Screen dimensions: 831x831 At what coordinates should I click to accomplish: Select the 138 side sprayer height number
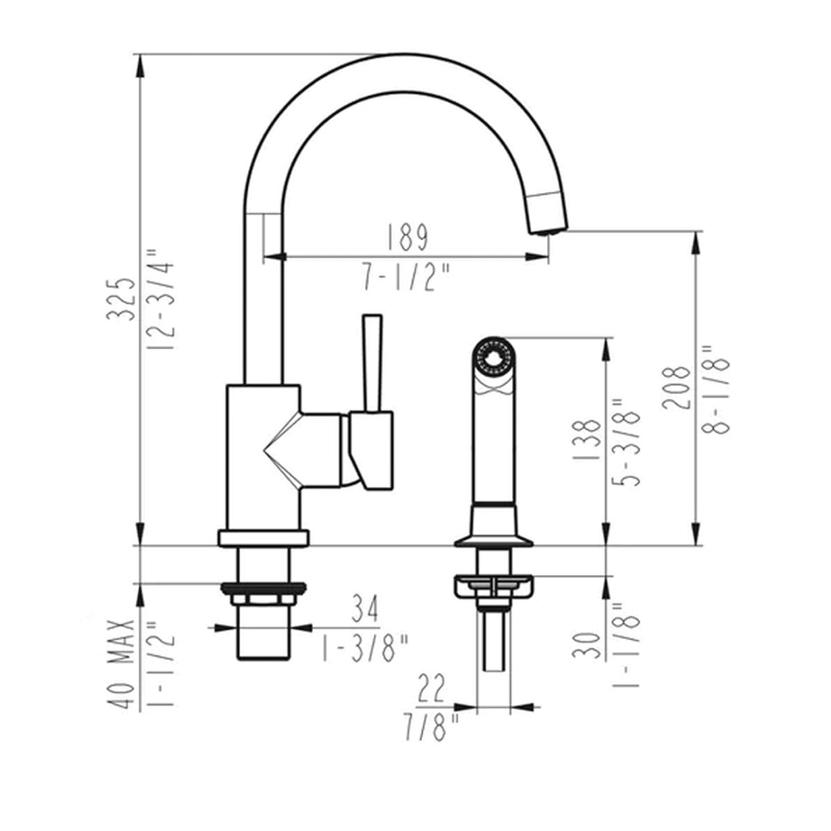click(586, 440)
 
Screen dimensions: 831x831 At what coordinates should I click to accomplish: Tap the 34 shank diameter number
click(364, 609)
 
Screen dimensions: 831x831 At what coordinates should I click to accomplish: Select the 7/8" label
click(431, 727)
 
